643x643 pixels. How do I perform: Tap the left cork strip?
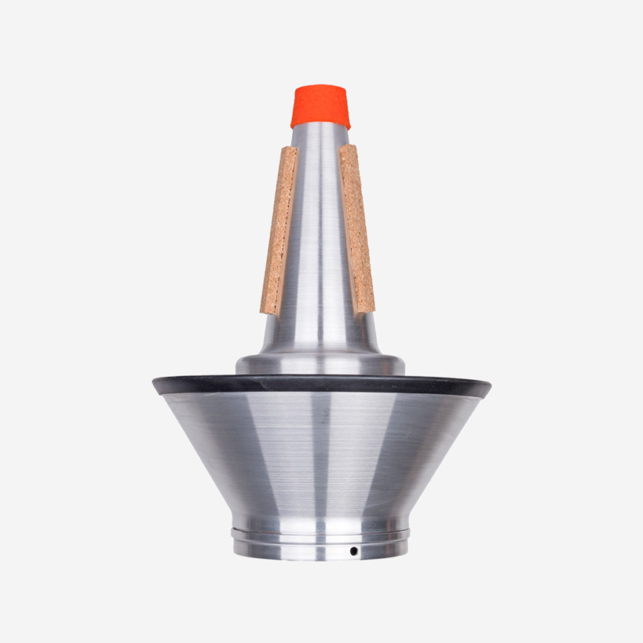pos(279,229)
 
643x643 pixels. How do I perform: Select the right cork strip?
pos(357,229)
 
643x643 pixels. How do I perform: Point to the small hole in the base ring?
pos(354,551)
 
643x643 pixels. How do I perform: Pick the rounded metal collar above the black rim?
pos(320,364)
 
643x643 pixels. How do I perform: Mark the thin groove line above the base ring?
pos(320,532)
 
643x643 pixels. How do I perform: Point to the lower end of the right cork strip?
pos(364,309)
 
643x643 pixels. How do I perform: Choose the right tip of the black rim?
pos(489,385)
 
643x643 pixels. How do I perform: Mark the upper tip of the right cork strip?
pos(349,148)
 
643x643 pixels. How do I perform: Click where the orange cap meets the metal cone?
pos(320,125)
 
